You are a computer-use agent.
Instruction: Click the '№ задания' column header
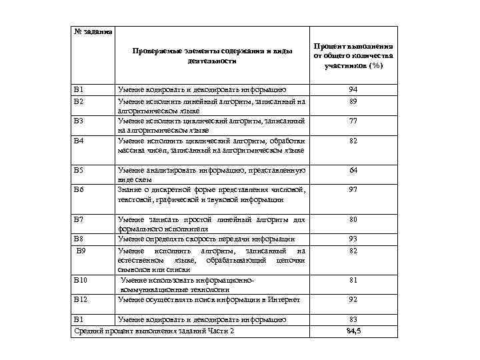pos(92,32)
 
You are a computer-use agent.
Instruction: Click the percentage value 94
pos(353,89)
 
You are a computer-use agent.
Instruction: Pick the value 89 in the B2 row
pos(353,103)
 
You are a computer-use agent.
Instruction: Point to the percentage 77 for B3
pos(353,122)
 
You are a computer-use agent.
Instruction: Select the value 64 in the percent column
pos(353,171)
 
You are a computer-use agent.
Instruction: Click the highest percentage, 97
pos(353,190)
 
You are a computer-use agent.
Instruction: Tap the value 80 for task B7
pos(353,219)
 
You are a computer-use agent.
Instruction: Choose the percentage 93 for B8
pos(353,239)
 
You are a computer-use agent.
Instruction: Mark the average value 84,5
pos(353,331)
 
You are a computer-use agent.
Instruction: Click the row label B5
pos(79,171)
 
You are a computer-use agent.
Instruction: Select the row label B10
pos(81,281)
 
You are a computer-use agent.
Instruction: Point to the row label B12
pos(81,300)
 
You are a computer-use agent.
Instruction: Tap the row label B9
pos(81,250)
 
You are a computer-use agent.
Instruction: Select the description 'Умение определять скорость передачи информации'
pos(206,239)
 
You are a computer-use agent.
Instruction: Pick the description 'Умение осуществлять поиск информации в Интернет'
pos(209,300)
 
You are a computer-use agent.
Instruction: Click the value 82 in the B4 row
pos(353,141)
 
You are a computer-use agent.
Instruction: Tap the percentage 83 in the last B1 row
pos(353,319)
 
